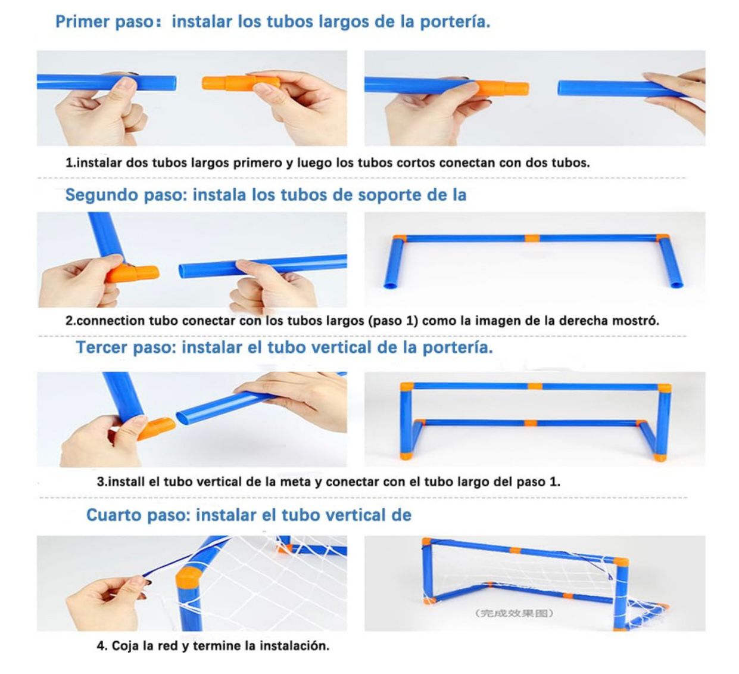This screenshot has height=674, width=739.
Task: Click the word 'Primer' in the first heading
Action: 77,22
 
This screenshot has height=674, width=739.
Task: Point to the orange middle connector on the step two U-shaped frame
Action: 532,238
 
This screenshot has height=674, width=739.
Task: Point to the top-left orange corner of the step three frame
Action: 407,387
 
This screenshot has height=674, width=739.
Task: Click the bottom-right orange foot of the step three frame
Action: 658,457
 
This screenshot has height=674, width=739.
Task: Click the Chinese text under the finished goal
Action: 515,613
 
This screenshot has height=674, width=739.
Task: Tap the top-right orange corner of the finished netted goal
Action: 620,561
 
